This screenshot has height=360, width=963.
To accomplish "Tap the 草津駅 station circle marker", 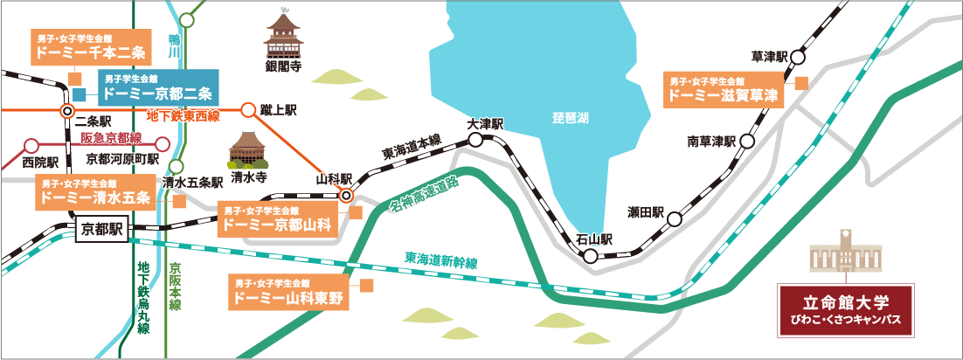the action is (x=798, y=57).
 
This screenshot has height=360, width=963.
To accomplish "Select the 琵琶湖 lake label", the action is (x=571, y=119).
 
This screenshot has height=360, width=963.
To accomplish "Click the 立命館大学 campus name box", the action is (x=846, y=310).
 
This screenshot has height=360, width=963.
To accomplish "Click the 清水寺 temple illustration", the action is (x=248, y=150).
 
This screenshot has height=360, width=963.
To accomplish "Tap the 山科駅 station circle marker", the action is (x=346, y=196).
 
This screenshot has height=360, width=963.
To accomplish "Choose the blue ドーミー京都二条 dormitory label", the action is (x=157, y=86).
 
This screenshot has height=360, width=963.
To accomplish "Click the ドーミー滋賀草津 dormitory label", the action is (x=724, y=90).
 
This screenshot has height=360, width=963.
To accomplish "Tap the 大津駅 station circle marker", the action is (x=475, y=140).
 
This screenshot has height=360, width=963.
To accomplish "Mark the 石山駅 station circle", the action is (x=590, y=257).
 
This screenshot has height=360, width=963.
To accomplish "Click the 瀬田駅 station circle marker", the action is (x=675, y=218).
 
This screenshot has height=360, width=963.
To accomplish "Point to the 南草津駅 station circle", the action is (x=747, y=141).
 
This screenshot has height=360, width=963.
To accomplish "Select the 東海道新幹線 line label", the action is (x=441, y=260).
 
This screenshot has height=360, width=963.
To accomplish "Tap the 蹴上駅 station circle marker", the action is (x=247, y=111).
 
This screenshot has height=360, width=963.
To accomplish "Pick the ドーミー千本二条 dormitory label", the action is (x=90, y=46).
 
